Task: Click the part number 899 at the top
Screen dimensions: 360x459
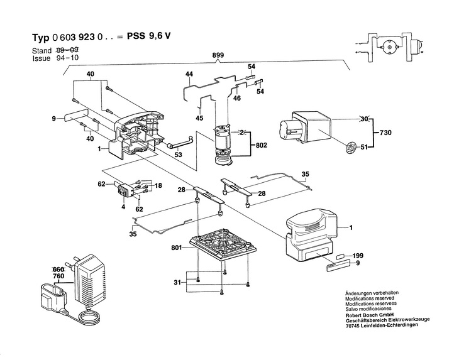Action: click(218, 56)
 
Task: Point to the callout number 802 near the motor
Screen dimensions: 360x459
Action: click(260, 145)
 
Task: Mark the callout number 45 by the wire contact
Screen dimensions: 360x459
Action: click(199, 117)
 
